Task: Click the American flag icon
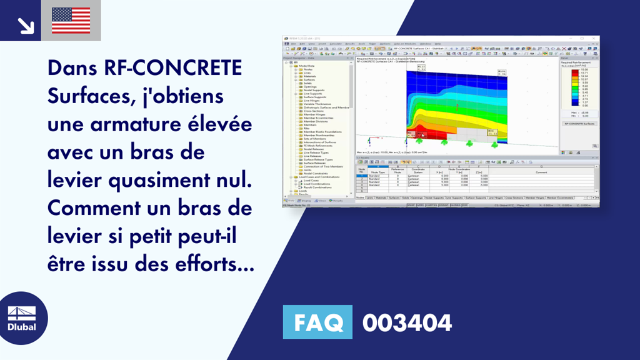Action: pos(71,20)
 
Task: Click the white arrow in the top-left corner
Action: pos(26,25)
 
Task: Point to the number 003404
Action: pos(407,323)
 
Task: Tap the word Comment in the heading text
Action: pos(97,209)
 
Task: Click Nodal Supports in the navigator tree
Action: pos(313,90)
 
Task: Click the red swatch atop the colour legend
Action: pos(573,70)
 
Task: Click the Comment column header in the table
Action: pos(541,172)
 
